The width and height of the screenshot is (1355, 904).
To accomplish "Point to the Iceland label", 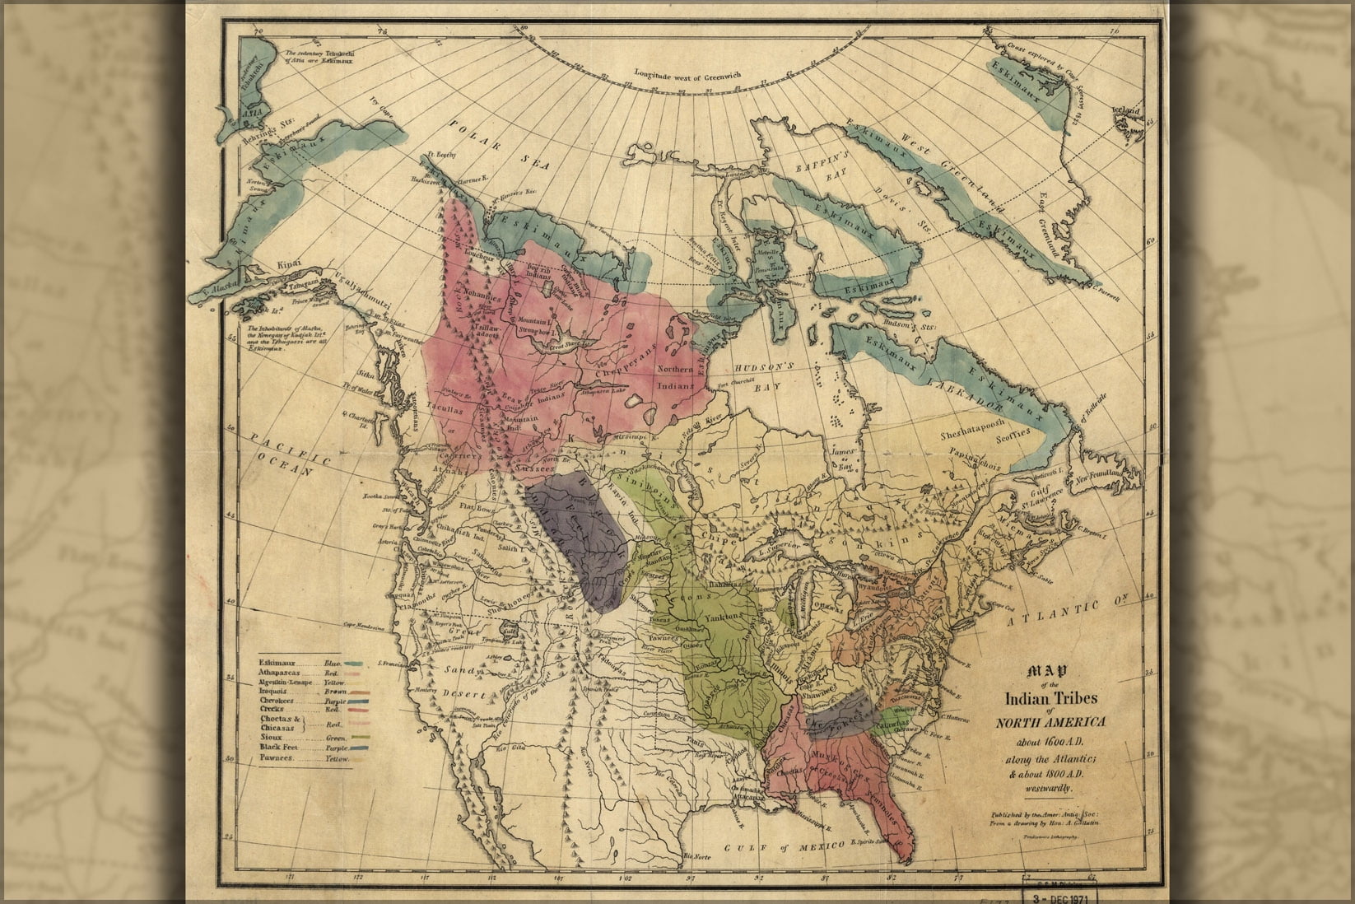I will click(x=1127, y=111).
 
